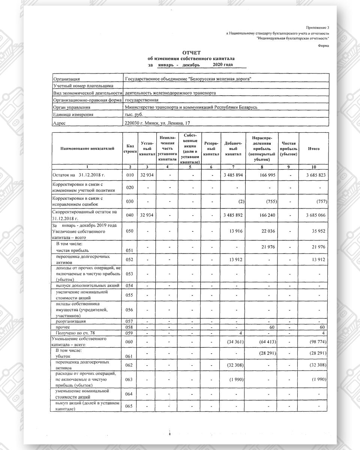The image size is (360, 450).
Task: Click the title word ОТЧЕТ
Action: tap(192, 53)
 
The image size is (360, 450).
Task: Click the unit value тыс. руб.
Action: tap(134, 114)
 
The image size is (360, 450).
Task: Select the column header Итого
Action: tap(313, 148)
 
